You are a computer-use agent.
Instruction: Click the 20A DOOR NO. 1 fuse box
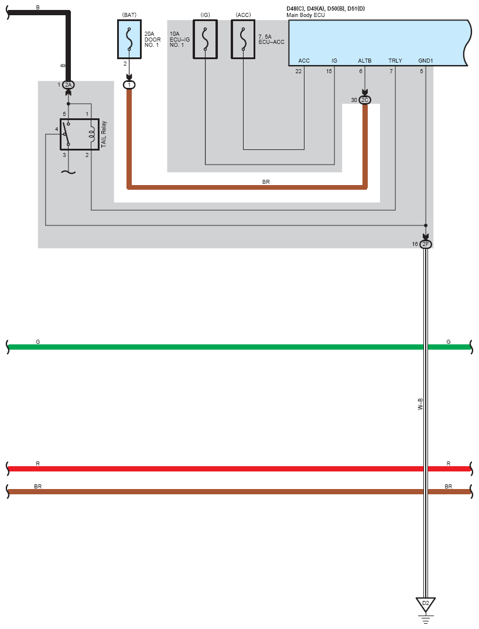pyautogui.click(x=129, y=39)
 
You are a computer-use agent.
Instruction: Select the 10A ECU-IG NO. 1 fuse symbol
pyautogui.click(x=205, y=39)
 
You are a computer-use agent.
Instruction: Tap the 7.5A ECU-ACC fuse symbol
pyautogui.click(x=243, y=39)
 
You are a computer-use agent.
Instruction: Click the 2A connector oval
pyautogui.click(x=68, y=85)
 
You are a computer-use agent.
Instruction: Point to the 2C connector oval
pyautogui.click(x=365, y=100)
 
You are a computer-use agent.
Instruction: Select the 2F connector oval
pyautogui.click(x=426, y=244)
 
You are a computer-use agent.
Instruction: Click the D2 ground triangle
pyautogui.click(x=426, y=604)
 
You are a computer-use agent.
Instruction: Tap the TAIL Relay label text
pyautogui.click(x=104, y=134)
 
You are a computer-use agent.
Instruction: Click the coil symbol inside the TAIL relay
pyautogui.click(x=92, y=134)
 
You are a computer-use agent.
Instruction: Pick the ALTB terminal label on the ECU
pyautogui.click(x=365, y=60)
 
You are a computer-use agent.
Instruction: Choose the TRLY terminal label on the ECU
pyautogui.click(x=395, y=60)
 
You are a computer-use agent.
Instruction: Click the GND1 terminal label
pyautogui.click(x=426, y=60)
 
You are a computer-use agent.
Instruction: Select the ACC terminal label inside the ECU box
pyautogui.click(x=304, y=60)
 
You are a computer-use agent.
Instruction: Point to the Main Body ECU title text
pyautogui.click(x=306, y=15)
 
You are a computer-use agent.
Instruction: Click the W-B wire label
pyautogui.click(x=420, y=404)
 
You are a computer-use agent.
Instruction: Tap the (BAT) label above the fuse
pyautogui.click(x=129, y=15)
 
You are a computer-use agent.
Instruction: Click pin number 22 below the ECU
pyautogui.click(x=299, y=71)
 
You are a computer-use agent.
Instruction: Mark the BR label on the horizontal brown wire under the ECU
pyautogui.click(x=266, y=182)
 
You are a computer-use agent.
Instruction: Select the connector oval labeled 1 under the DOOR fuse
pyautogui.click(x=129, y=85)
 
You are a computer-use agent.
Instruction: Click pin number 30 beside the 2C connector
pyautogui.click(x=354, y=100)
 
